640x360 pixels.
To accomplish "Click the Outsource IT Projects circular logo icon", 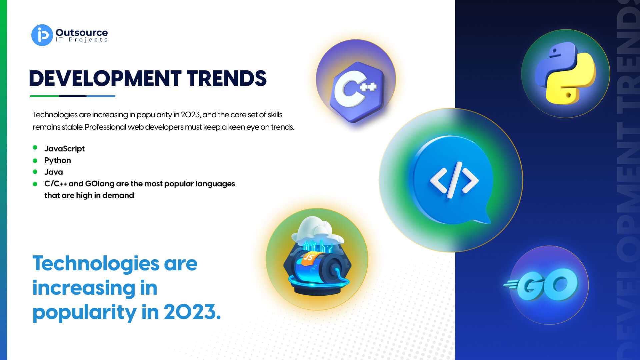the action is (42, 35).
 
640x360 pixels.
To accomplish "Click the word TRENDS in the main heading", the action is (227, 79).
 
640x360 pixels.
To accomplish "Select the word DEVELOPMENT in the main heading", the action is (105, 79).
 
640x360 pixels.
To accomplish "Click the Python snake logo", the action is (565, 73).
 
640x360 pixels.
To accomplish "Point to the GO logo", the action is (541, 284).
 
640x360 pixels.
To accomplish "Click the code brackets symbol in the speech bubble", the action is (454, 180).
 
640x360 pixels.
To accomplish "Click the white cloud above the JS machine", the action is (317, 230).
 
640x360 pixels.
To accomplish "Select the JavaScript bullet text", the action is (64, 149).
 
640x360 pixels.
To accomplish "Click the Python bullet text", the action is (58, 160).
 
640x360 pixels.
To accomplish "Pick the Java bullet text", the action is (54, 172).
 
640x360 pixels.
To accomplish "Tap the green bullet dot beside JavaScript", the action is (35, 147).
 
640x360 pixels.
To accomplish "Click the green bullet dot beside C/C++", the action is (35, 184).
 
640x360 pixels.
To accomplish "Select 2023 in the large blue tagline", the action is (192, 312).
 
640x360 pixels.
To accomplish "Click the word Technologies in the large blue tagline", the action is (96, 264).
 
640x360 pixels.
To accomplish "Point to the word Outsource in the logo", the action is (82, 32).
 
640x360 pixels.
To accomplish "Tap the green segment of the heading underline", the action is (44, 96).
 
